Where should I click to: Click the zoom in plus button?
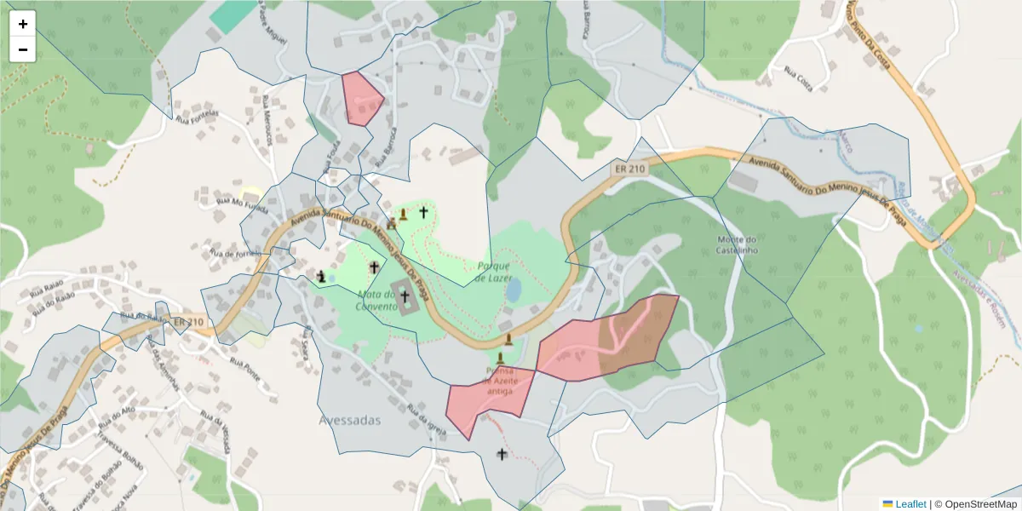pyautogui.click(x=23, y=24)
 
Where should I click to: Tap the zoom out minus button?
pyautogui.click(x=23, y=49)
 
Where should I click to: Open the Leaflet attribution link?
pyautogui.click(x=910, y=504)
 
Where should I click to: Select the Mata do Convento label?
pyautogui.click(x=376, y=300)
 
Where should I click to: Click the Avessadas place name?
pyautogui.click(x=350, y=420)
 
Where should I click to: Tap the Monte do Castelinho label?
pyautogui.click(x=738, y=244)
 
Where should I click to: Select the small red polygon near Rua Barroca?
pyautogui.click(x=362, y=99)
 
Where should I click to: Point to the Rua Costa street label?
pyautogui.click(x=798, y=78)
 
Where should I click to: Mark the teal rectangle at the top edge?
pyautogui.click(x=233, y=14)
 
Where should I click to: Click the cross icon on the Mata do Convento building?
pyautogui.click(x=405, y=297)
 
